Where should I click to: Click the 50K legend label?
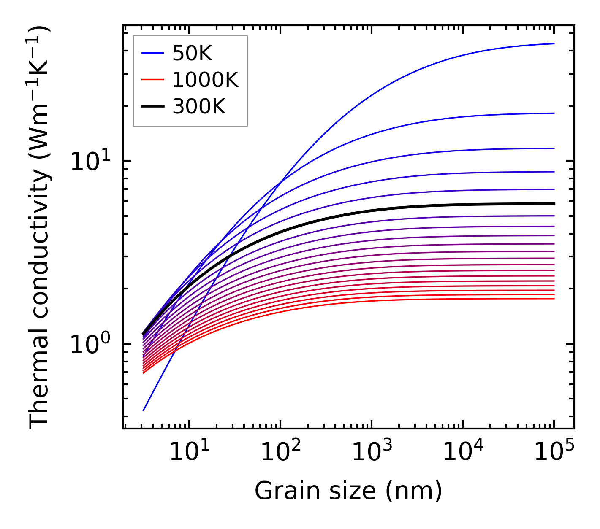(x=192, y=53)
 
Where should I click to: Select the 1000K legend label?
(x=205, y=80)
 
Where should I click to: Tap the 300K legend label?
(x=199, y=107)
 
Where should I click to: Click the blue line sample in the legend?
(x=152, y=53)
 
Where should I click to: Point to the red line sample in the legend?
(x=152, y=80)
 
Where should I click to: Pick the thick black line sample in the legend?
(x=152, y=107)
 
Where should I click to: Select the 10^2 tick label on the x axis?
(x=280, y=452)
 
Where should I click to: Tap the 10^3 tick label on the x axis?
(x=371, y=452)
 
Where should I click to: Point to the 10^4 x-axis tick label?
(x=462, y=452)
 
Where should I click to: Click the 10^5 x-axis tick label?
(x=554, y=452)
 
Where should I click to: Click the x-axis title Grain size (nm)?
(x=348, y=491)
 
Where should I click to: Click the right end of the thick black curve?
(x=554, y=204)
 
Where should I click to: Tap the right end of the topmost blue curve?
(x=554, y=43)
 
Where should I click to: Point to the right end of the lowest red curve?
(x=554, y=299)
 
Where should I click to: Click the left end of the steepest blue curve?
(x=144, y=410)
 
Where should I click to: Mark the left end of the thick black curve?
(x=144, y=334)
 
